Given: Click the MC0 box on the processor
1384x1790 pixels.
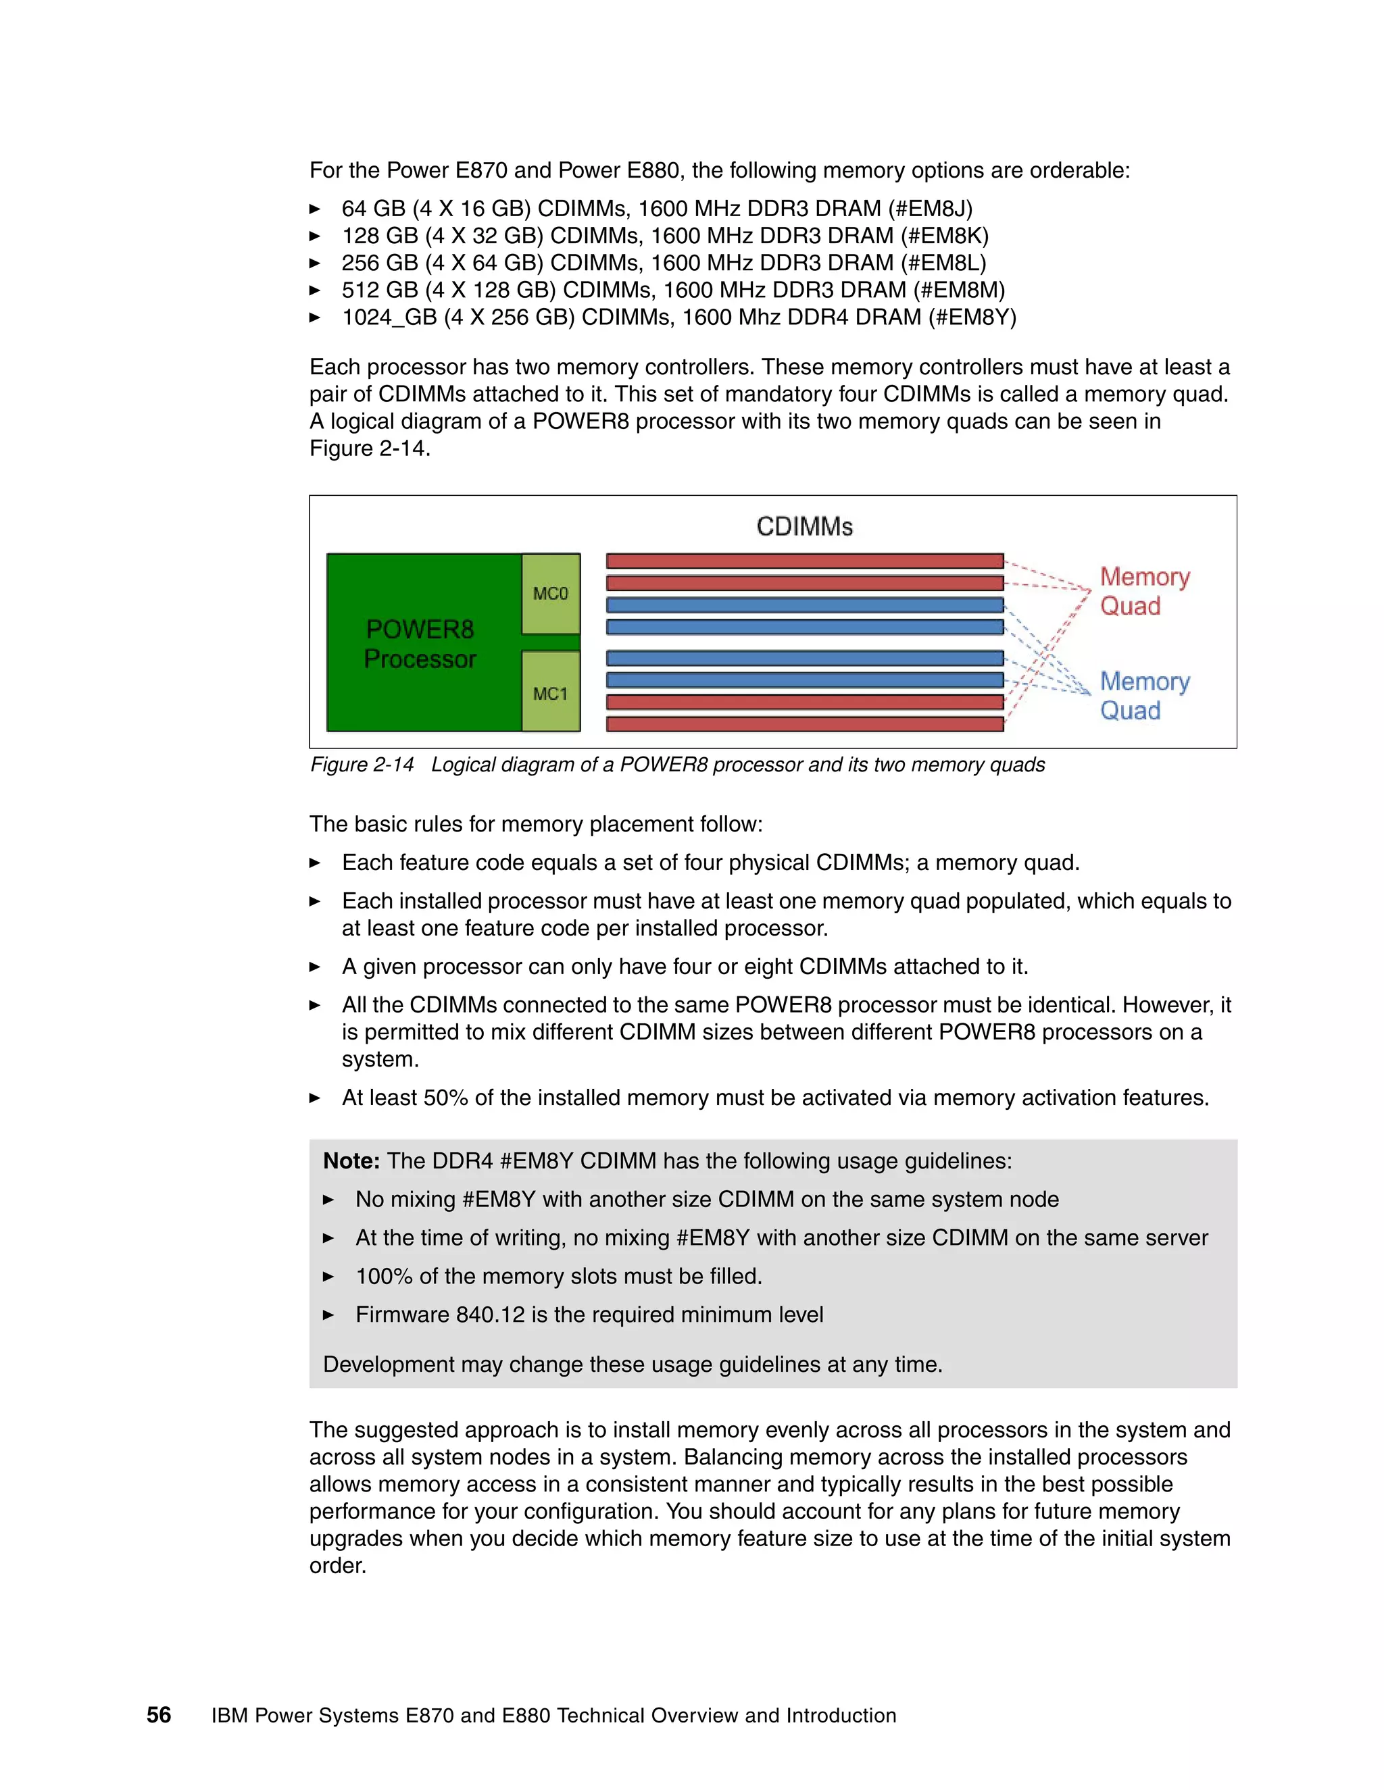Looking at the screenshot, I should [x=550, y=593].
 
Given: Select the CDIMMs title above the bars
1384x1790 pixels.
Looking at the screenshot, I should [x=804, y=526].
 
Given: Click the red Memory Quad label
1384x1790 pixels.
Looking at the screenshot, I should [x=1144, y=591].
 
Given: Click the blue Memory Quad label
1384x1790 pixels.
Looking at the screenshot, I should [x=1144, y=696].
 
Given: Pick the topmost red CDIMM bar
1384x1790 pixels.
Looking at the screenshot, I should [x=804, y=561].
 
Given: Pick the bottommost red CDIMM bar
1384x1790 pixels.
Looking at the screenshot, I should [x=804, y=723].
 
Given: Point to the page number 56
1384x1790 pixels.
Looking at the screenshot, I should [x=158, y=1714].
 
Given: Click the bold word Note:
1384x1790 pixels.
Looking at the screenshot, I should [x=351, y=1160].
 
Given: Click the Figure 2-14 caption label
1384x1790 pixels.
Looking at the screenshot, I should [x=362, y=765].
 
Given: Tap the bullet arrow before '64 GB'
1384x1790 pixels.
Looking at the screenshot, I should [x=315, y=209].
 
